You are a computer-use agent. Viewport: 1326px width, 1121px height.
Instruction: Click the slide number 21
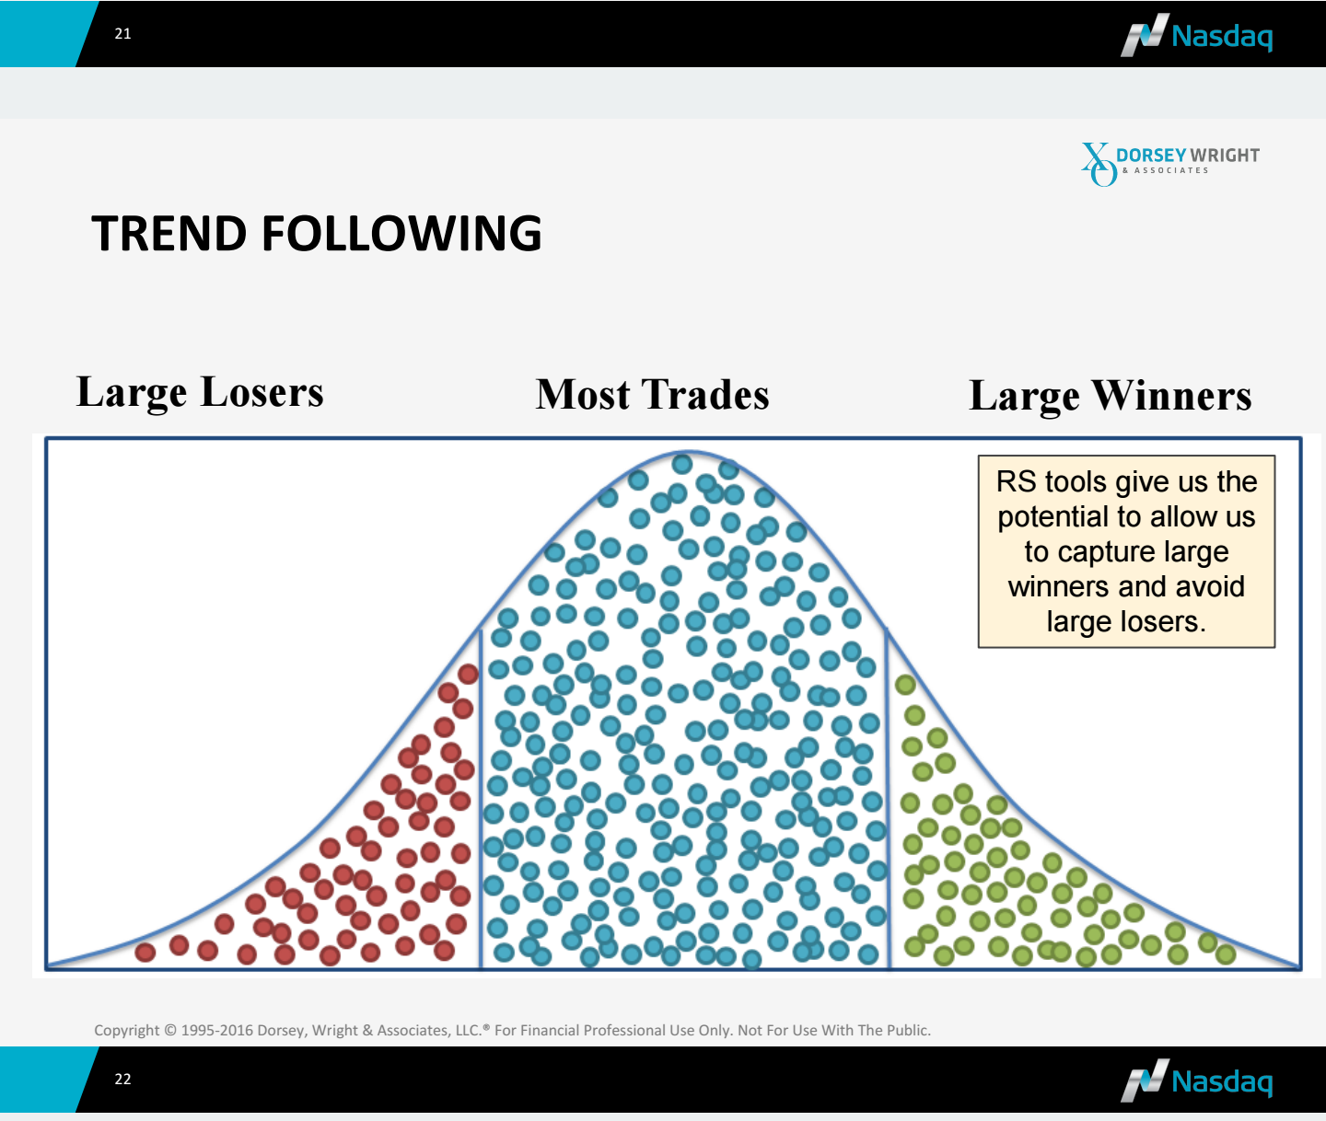pos(122,34)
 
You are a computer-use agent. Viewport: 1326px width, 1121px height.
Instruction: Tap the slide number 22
pos(122,1080)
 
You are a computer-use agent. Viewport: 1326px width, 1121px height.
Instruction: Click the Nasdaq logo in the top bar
pos(1196,35)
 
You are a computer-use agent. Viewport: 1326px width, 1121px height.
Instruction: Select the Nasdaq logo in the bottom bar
pos(1196,1081)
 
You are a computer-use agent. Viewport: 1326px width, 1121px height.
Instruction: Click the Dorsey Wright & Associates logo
pos(1170,164)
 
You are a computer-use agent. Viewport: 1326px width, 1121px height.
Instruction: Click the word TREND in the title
pos(169,233)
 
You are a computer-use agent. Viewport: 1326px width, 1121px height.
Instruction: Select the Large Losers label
pos(200,392)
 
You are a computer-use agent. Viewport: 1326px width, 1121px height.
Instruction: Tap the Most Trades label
pos(653,394)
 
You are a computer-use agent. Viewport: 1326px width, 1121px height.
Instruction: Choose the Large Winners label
pos(1111,397)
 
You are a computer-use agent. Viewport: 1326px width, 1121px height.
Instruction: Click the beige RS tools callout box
pos(1126,551)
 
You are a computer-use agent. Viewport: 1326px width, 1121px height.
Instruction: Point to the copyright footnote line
pos(512,1030)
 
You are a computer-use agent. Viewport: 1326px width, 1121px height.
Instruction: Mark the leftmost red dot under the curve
pos(145,953)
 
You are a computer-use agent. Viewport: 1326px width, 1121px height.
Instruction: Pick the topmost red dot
pos(469,674)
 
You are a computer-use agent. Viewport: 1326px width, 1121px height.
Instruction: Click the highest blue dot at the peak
pos(682,464)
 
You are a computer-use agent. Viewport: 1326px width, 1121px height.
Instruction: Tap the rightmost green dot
pos(1226,954)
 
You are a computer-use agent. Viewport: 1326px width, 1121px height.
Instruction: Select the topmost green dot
pos(905,685)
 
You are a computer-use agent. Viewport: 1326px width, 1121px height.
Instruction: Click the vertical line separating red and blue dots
pos(481,799)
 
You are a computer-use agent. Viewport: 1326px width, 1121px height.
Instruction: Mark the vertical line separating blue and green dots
pos(887,798)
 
